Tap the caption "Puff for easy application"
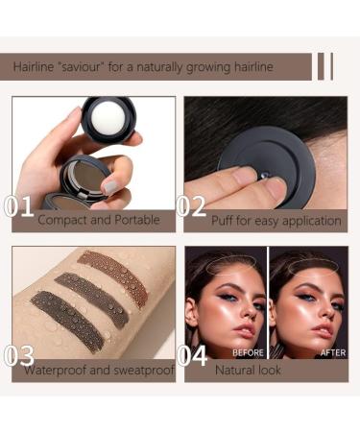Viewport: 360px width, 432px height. pos(276,221)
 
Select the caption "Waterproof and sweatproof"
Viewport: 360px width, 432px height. pos(94,369)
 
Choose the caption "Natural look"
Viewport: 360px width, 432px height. pos(248,369)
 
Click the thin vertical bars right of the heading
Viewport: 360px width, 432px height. pos(324,66)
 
